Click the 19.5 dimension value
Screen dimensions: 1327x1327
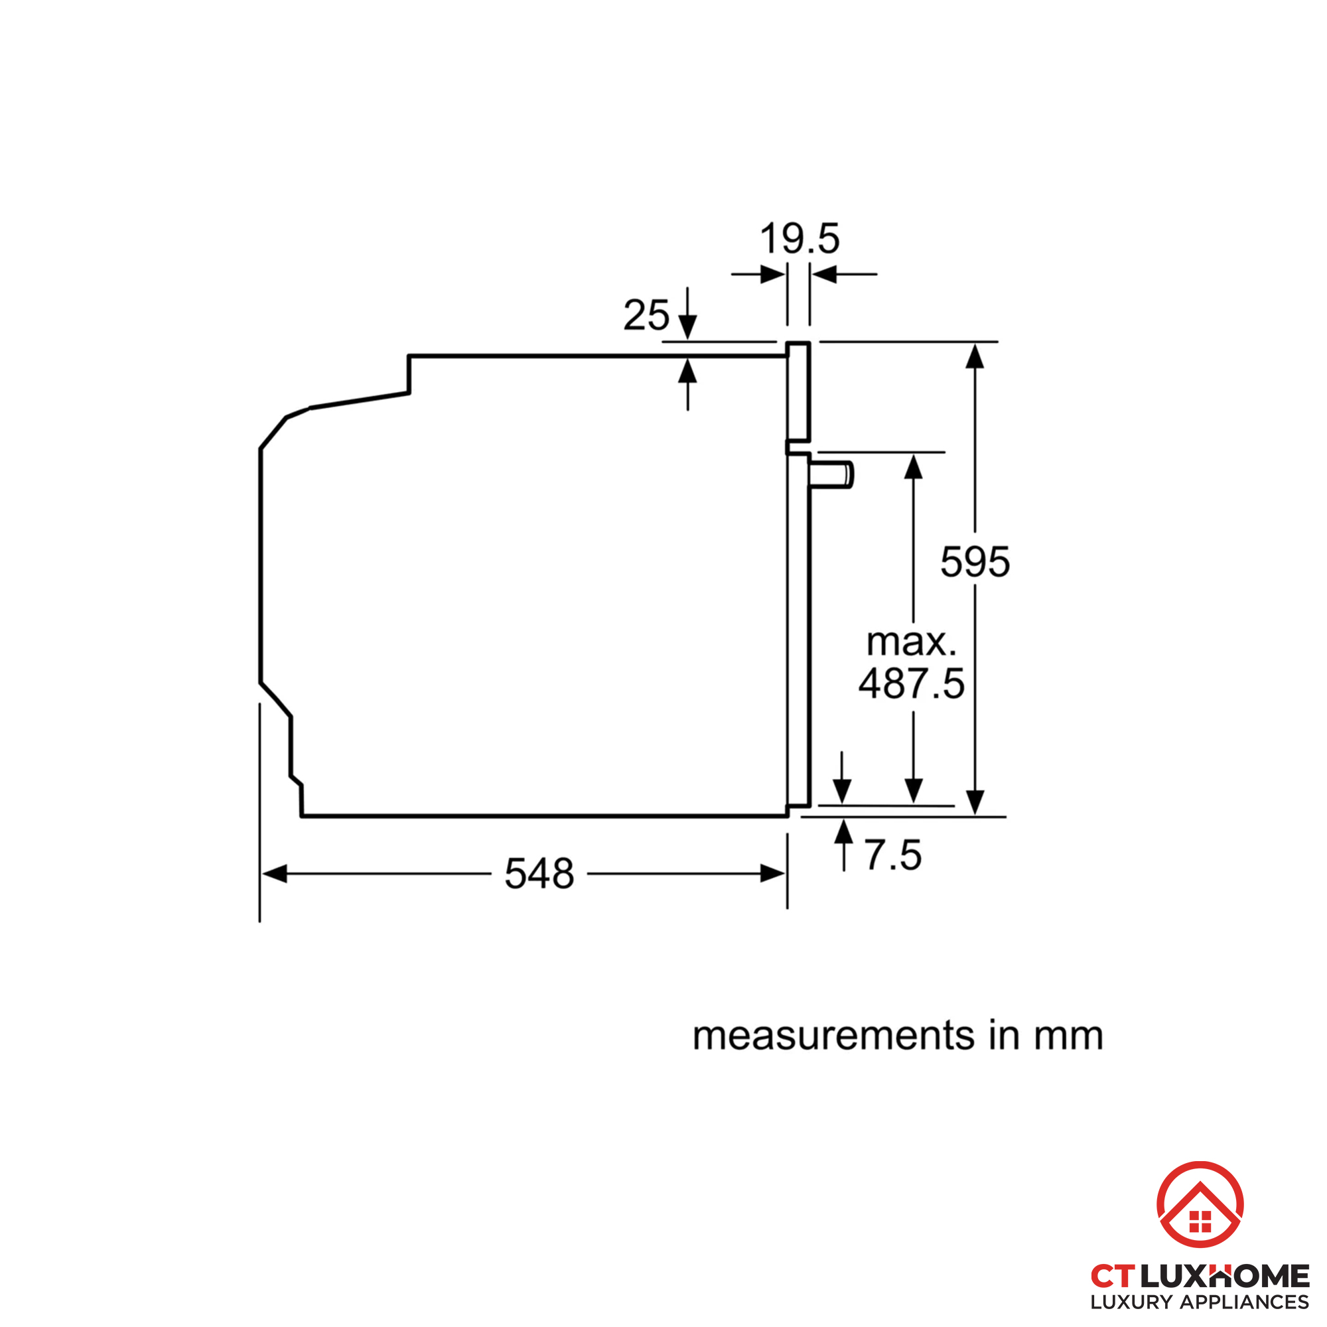point(800,239)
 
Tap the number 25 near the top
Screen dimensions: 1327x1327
point(646,315)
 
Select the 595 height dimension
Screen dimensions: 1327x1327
point(975,562)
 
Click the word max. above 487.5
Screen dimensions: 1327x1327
point(912,642)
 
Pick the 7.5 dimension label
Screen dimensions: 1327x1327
point(892,855)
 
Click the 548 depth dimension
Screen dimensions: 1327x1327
point(539,874)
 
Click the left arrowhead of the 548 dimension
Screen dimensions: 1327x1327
point(274,874)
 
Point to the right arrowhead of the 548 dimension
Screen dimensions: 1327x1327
point(774,874)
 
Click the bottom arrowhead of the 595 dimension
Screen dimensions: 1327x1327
point(975,802)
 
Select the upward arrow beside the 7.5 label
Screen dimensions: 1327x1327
point(843,833)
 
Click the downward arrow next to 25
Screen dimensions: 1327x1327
point(687,326)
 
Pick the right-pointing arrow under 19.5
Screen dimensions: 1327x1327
point(773,275)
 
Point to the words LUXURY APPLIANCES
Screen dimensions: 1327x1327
point(1199,1302)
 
